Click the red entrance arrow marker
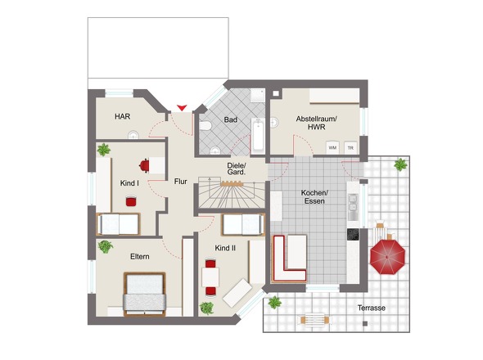[x=182, y=108]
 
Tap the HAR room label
[x=123, y=116]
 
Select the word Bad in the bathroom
[x=230, y=119]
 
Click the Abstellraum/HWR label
[x=316, y=123]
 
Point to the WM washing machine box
[x=332, y=147]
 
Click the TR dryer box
[x=350, y=147]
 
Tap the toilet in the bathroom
[x=205, y=126]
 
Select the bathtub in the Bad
[x=258, y=136]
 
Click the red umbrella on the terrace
[x=387, y=256]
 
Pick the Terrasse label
[x=371, y=308]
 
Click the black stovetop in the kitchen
[x=353, y=234]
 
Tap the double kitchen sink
[x=353, y=203]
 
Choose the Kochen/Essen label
[x=314, y=197]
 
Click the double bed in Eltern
[x=144, y=294]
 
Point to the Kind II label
[x=225, y=248]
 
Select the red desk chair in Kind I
[x=144, y=165]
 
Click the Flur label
[x=180, y=182]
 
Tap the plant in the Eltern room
[x=106, y=246]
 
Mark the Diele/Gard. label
[x=237, y=169]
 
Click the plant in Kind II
[x=206, y=308]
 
